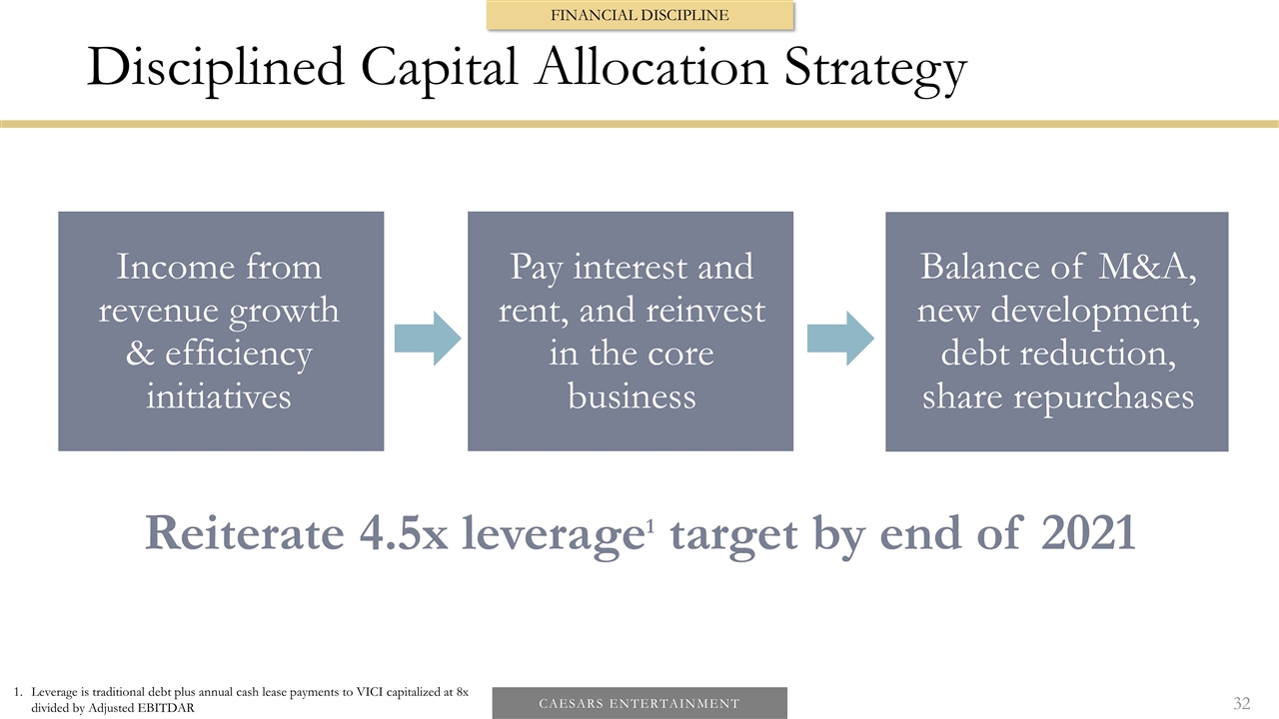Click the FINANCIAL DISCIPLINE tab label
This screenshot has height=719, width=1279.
[639, 15]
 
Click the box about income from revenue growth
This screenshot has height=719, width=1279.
[221, 331]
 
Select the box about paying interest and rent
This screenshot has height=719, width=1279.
[631, 331]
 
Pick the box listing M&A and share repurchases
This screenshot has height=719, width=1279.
[1056, 331]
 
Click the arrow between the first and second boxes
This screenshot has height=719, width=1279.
[427, 338]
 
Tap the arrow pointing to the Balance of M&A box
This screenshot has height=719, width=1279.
[839, 338]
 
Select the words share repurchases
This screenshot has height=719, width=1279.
[1057, 397]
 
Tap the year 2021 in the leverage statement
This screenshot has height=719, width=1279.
[1088, 534]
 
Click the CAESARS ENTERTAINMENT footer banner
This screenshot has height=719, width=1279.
[639, 703]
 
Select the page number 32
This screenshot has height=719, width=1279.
[1241, 703]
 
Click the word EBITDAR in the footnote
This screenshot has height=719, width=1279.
[168, 708]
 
